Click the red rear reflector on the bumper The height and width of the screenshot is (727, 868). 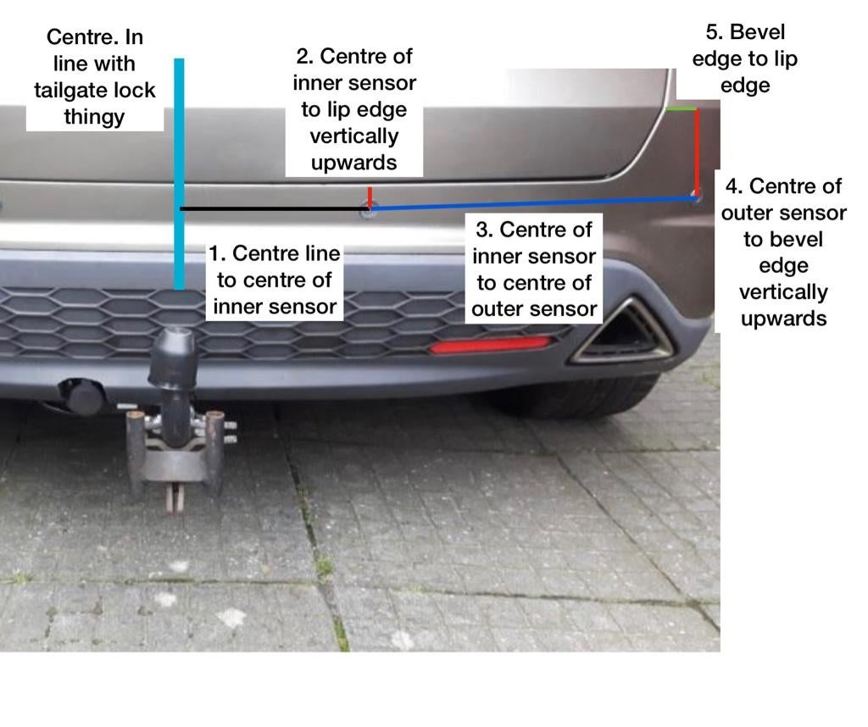tap(490, 345)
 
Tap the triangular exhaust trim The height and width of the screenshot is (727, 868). tap(623, 332)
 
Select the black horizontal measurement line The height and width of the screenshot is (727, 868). tap(271, 208)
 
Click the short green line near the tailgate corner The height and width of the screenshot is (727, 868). tap(681, 108)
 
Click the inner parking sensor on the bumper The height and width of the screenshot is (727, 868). tap(367, 211)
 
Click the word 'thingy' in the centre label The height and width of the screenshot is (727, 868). tap(94, 116)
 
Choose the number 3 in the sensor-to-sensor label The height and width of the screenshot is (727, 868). tap(483, 230)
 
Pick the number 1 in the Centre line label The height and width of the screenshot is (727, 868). tap(215, 253)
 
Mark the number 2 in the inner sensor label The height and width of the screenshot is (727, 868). tap(303, 57)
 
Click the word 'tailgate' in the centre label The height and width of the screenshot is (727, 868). tap(68, 90)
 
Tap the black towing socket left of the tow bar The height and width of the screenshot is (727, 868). tap(83, 396)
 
